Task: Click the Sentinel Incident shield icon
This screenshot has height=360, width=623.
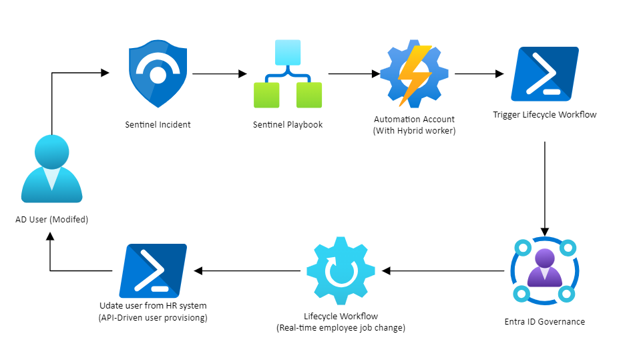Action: [158, 75]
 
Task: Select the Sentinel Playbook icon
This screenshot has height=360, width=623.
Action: [287, 74]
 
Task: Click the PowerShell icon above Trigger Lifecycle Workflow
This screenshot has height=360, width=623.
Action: [544, 74]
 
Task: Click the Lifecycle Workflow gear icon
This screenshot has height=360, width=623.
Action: [341, 271]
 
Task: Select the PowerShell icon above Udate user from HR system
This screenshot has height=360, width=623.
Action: [153, 271]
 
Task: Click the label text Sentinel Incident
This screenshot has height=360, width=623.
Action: [158, 125]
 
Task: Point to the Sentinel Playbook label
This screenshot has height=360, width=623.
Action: [288, 125]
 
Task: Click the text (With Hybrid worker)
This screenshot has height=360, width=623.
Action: [414, 131]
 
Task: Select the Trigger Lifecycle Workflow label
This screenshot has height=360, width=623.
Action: [544, 115]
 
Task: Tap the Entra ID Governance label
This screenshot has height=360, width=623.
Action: [544, 322]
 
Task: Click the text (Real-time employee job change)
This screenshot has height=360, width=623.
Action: [341, 329]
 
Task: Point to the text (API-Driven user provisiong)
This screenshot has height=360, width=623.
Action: [153, 318]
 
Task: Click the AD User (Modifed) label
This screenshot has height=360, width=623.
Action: [51, 219]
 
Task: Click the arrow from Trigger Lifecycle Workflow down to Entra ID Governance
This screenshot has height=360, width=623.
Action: [546, 187]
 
